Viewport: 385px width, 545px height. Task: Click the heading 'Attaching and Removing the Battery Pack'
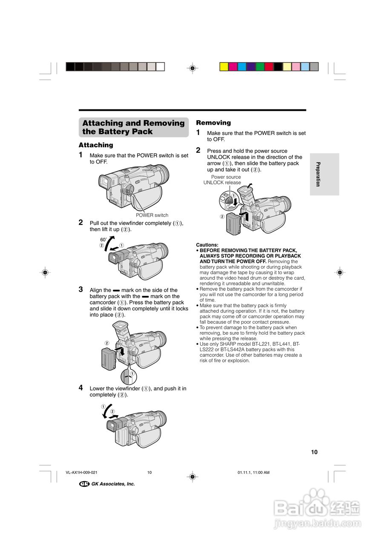click(133, 127)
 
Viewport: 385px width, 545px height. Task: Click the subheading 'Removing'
click(213, 123)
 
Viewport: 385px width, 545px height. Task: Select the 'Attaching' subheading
click(96, 145)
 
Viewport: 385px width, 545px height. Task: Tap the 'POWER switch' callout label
click(152, 215)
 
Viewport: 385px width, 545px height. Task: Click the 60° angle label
click(103, 240)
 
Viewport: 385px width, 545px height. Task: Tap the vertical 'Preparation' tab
click(318, 174)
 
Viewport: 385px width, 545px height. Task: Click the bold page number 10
click(314, 452)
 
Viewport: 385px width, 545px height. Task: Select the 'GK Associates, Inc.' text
click(113, 484)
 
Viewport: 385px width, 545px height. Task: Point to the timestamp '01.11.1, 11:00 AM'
click(253, 472)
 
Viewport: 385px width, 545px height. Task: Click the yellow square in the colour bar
click(224, 66)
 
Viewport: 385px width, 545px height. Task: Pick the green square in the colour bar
click(260, 66)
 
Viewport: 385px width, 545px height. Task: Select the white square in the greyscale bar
click(160, 66)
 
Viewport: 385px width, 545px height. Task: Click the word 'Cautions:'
click(207, 245)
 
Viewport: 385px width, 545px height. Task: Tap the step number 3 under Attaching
click(81, 289)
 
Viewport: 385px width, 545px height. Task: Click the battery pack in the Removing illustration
click(234, 223)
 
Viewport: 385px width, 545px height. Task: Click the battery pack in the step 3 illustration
click(109, 358)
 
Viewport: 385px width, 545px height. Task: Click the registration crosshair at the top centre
click(192, 67)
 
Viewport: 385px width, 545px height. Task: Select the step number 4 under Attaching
click(81, 387)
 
